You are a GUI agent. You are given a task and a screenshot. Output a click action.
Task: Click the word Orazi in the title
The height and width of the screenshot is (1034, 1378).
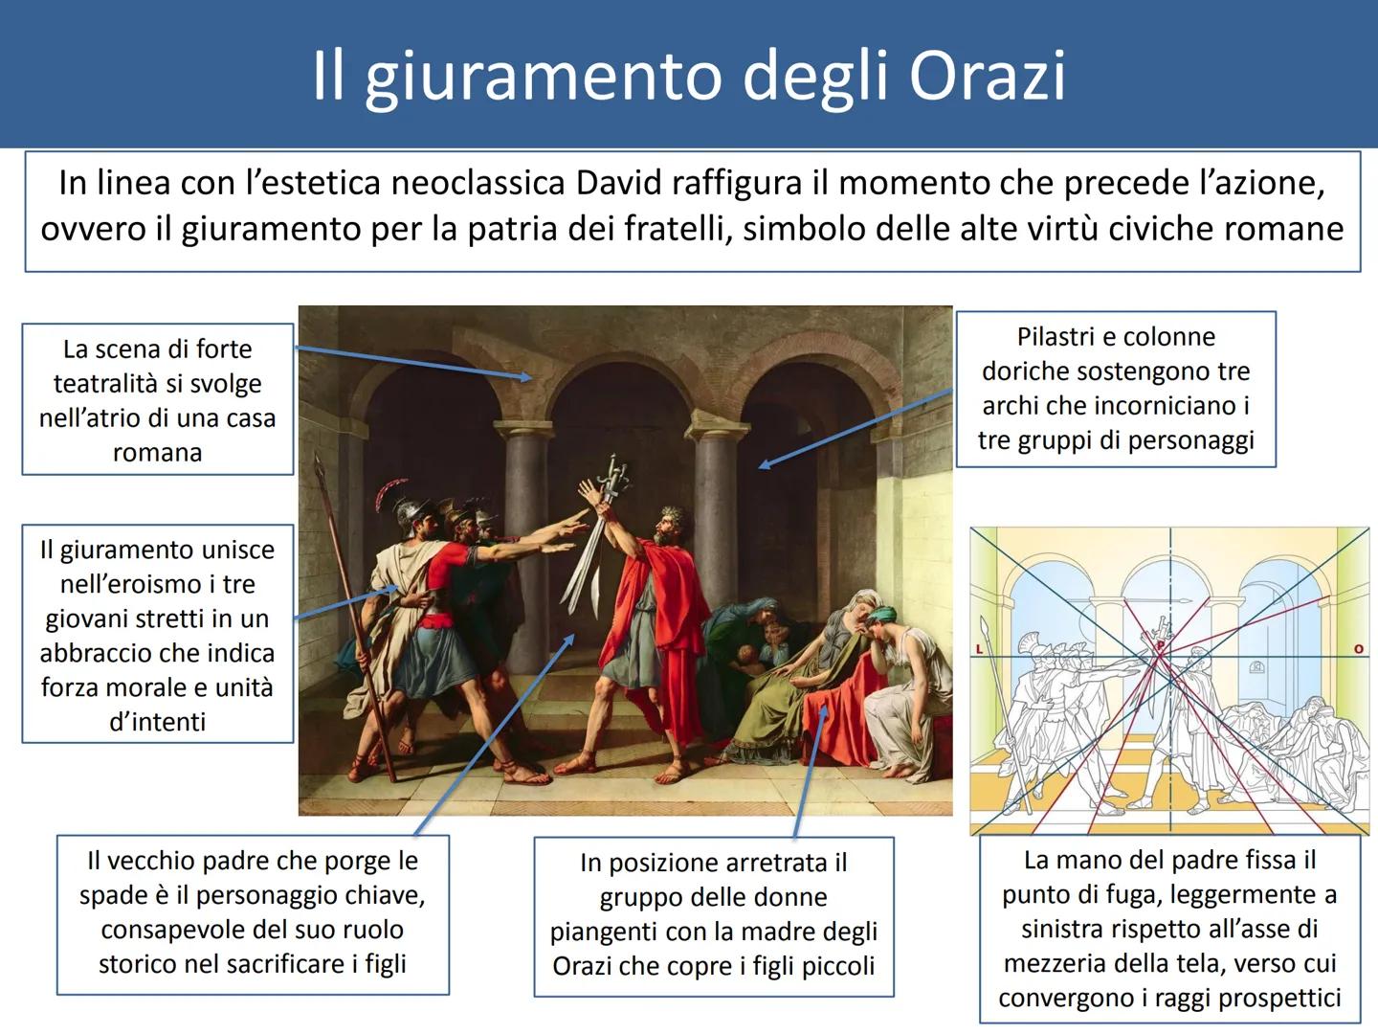[987, 76]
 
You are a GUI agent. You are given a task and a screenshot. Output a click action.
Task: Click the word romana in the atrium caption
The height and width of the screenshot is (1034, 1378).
[158, 453]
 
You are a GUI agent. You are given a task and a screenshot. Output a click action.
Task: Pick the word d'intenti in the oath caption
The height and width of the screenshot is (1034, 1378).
[158, 722]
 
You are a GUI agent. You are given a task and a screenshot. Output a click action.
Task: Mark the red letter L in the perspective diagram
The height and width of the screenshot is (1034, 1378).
[979, 649]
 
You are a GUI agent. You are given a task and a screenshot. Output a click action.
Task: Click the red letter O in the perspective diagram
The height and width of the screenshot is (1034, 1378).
[1359, 648]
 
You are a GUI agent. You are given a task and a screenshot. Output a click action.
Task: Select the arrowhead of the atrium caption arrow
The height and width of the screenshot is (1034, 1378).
[526, 376]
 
